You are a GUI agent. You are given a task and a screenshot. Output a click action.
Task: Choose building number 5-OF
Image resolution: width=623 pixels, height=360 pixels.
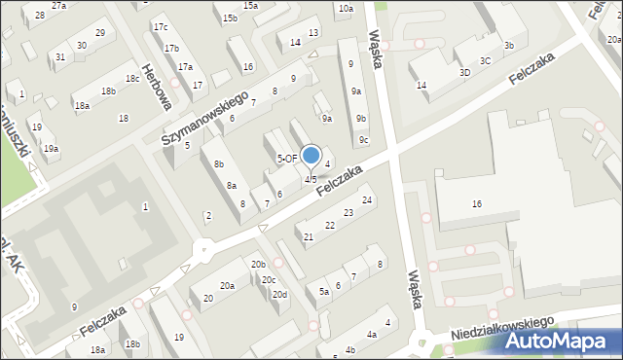(287, 158)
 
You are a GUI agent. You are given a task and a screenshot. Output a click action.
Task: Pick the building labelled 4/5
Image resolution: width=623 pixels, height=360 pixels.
(311, 179)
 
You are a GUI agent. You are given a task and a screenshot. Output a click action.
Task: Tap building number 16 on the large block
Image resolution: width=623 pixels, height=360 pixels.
(477, 203)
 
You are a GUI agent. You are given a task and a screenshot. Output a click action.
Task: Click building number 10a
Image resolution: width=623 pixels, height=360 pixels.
(345, 9)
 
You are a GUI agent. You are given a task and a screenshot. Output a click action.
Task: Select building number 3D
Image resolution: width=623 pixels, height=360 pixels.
(465, 72)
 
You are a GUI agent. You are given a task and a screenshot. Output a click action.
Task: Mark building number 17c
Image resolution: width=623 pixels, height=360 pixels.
(160, 27)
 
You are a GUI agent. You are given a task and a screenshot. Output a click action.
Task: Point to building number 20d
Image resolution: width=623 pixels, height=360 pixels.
(279, 294)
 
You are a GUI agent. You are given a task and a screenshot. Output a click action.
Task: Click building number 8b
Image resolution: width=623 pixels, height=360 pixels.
(219, 164)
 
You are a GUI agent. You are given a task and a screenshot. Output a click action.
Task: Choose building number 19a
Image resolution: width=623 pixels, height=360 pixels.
(50, 148)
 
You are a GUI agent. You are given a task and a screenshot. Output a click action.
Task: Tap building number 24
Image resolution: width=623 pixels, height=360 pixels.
(367, 200)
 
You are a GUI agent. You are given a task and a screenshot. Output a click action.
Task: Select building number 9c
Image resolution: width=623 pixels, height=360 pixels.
(363, 140)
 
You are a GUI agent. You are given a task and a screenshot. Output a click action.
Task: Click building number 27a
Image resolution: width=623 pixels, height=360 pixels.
(59, 6)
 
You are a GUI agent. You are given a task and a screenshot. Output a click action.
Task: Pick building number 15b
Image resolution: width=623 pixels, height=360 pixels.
(230, 18)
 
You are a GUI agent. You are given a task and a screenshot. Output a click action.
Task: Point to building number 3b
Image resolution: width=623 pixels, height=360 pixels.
(509, 46)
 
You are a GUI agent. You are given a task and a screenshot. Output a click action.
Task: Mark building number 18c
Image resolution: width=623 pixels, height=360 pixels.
(131, 79)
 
